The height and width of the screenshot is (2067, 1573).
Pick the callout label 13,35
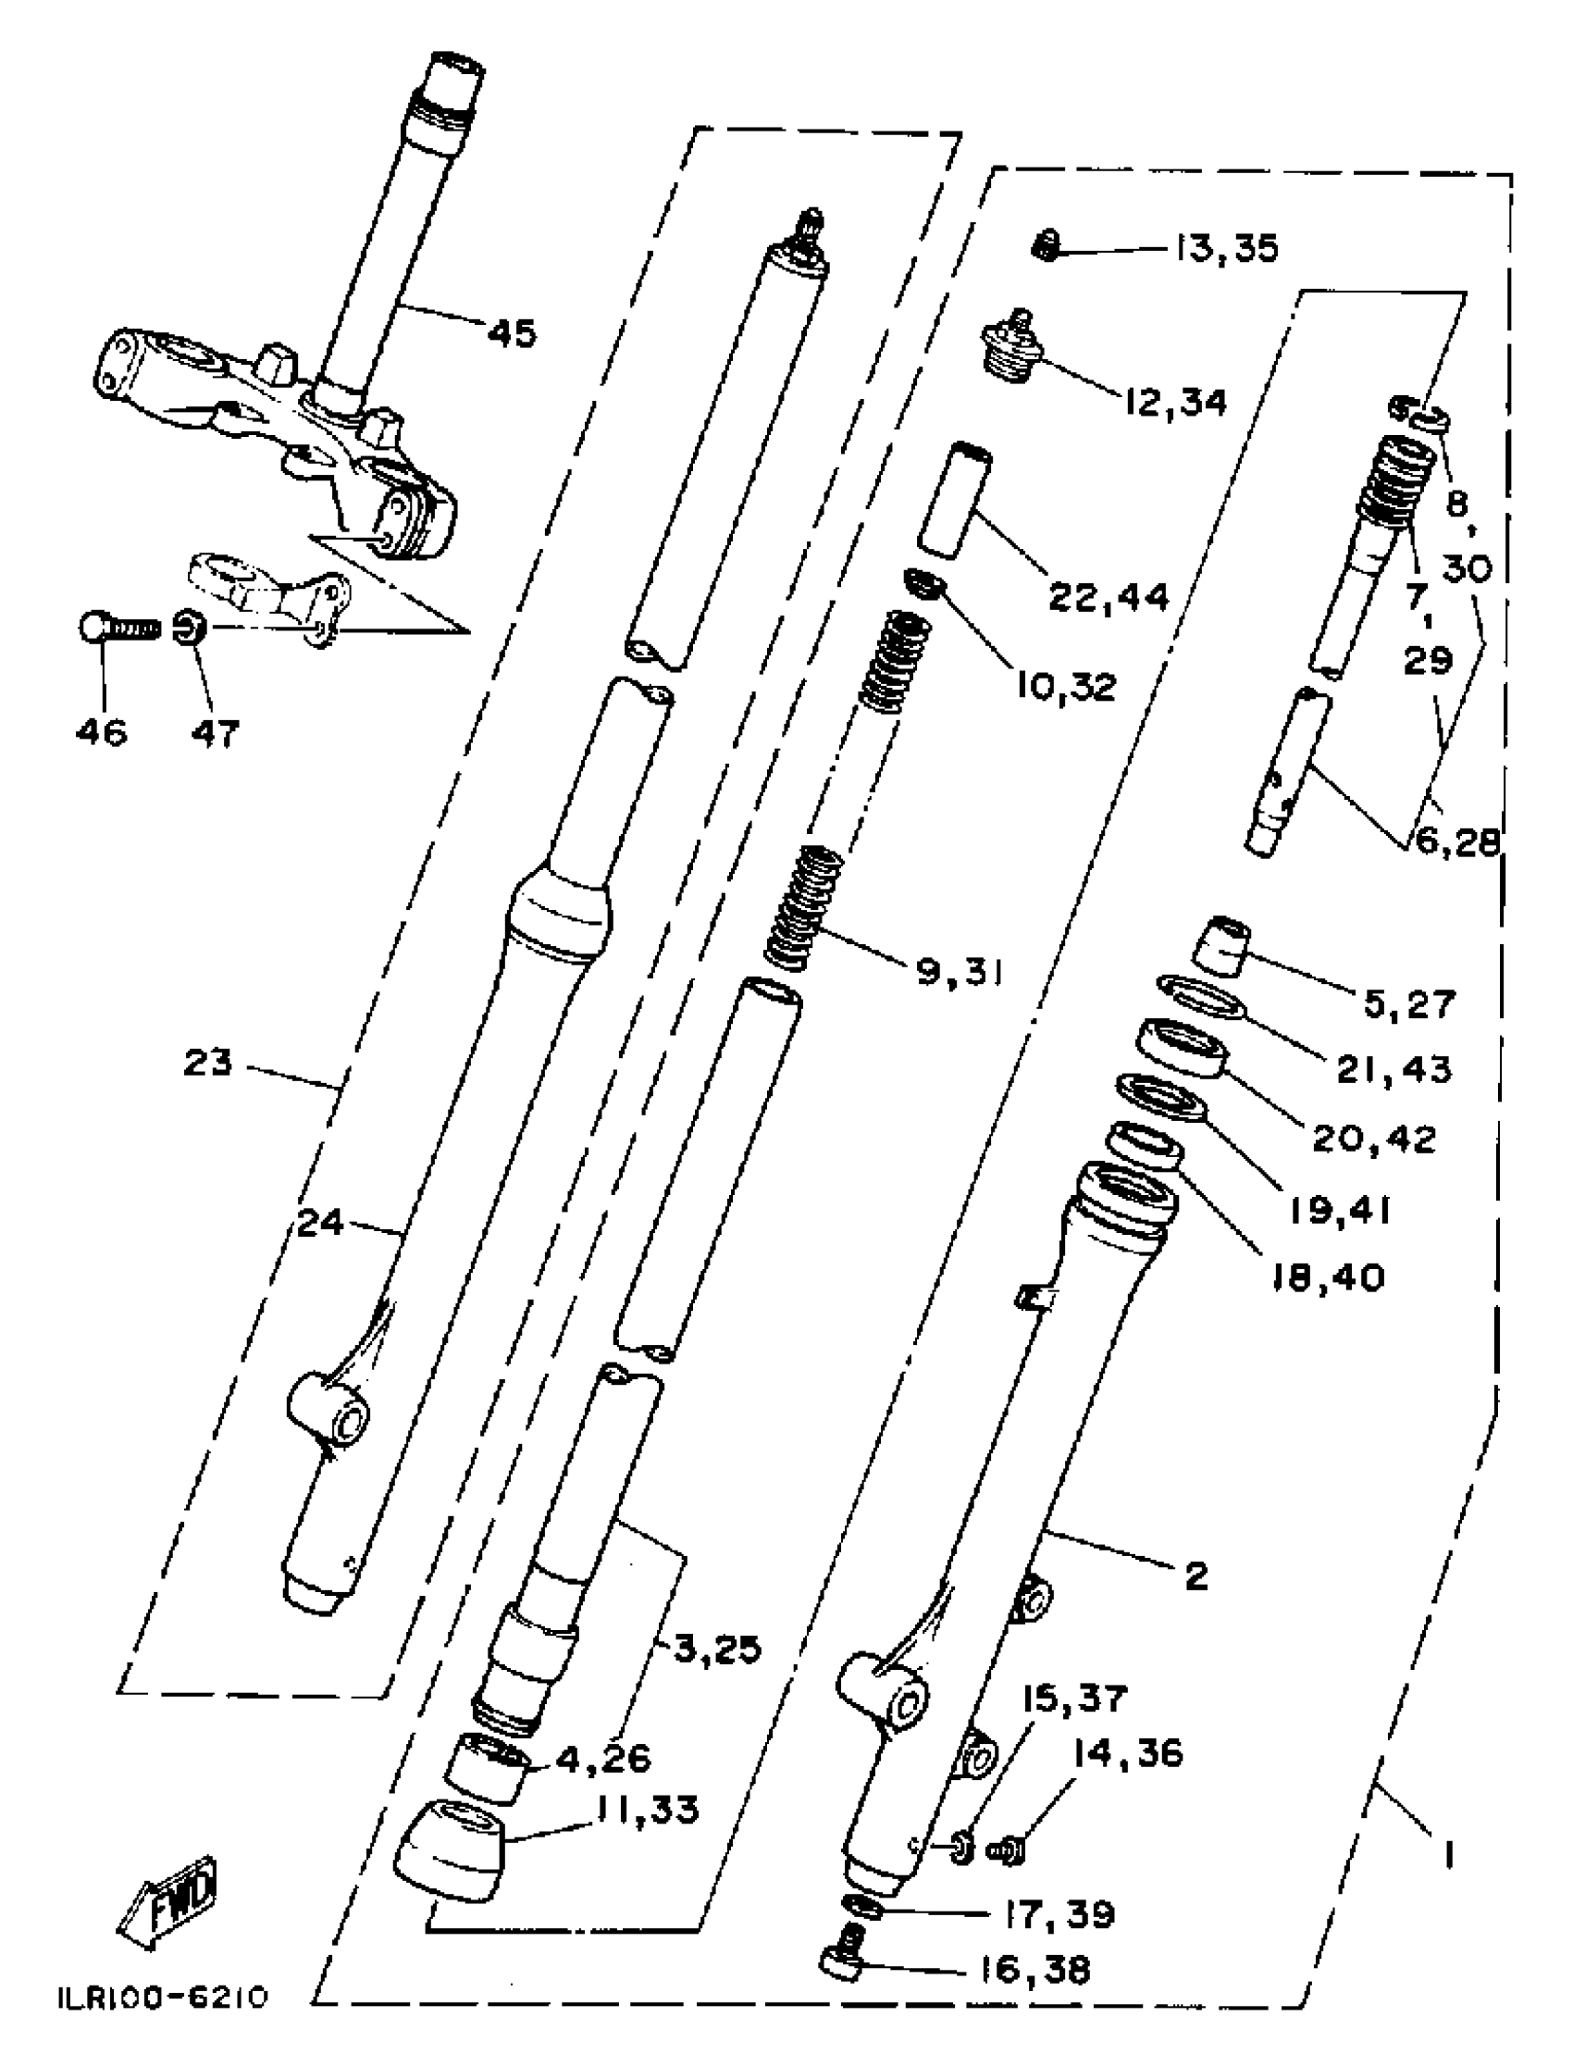click(x=1227, y=249)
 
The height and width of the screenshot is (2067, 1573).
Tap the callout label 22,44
click(x=1109, y=597)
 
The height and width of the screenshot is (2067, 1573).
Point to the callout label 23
click(x=208, y=1063)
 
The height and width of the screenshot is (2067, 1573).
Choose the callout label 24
click(x=320, y=1224)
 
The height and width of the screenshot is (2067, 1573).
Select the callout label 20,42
click(x=1373, y=1139)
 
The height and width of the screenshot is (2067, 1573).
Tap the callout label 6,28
click(x=1457, y=842)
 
